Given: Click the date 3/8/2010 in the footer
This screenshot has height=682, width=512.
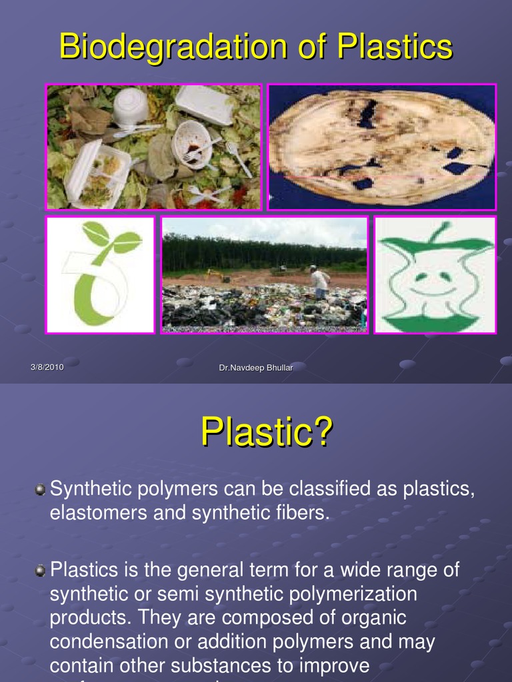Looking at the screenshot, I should (47, 368).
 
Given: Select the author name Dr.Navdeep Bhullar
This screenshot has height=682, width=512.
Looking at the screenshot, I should (256, 368).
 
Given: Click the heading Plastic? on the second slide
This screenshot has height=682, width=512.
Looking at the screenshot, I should (266, 433).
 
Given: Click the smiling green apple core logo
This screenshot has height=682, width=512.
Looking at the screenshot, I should (435, 274).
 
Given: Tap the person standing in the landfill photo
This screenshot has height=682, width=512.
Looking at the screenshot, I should (320, 282).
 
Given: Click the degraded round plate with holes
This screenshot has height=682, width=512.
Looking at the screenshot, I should (381, 147).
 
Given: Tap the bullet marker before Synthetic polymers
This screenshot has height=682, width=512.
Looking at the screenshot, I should (41, 490).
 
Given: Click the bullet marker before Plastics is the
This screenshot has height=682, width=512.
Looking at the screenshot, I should (41, 571).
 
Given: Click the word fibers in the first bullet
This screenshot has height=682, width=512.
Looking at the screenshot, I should (305, 513).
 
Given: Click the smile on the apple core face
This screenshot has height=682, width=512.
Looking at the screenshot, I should (431, 291).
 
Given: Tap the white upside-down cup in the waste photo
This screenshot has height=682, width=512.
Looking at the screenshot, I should (129, 107).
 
